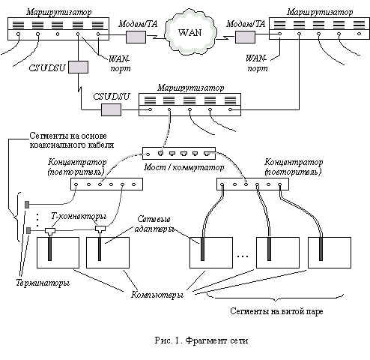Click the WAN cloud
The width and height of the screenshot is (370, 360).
[190, 32]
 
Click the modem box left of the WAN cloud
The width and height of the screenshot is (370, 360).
[136, 37]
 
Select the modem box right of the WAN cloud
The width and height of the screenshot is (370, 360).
[245, 37]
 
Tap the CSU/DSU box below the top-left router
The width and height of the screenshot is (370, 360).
[78, 67]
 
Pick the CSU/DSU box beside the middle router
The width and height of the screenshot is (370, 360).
[111, 109]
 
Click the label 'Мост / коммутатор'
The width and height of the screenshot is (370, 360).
[184, 167]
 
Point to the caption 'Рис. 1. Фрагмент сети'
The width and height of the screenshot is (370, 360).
[201, 340]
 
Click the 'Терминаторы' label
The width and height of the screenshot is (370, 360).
[43, 283]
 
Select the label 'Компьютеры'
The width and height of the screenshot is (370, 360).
[157, 295]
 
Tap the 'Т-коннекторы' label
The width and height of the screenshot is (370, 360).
[79, 216]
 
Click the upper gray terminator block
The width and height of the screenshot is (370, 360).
[27, 205]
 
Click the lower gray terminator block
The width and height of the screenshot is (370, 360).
[28, 231]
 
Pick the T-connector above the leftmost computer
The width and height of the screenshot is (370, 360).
[50, 231]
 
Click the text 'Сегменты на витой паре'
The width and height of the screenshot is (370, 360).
[276, 311]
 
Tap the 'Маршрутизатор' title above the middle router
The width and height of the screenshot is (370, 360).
[191, 88]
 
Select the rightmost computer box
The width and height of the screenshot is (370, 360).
[330, 253]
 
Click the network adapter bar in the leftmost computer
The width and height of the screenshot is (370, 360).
[49, 249]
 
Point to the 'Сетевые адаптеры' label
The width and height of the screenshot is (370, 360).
[154, 224]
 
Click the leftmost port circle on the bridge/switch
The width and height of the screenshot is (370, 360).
[148, 154]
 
